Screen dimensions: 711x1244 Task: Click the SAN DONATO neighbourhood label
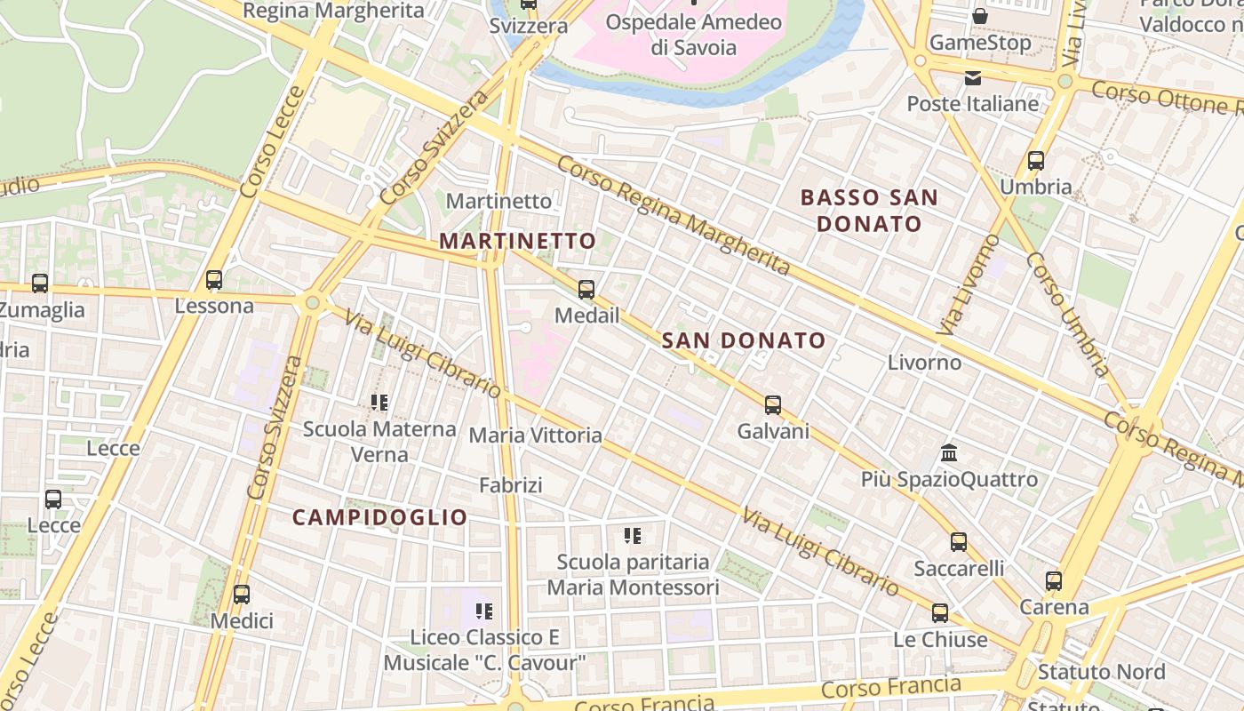tap(744, 340)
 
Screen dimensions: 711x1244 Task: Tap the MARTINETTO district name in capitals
tap(517, 241)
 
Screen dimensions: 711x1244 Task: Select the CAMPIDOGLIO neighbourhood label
tap(379, 517)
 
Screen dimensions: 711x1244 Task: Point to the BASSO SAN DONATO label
tap(869, 211)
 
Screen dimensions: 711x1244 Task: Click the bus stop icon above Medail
tap(586, 290)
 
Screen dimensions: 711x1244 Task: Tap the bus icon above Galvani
tap(773, 405)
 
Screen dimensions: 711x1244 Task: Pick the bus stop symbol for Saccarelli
tap(958, 542)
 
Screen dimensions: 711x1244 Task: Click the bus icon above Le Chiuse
tap(939, 613)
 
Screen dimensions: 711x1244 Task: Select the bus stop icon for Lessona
tap(214, 280)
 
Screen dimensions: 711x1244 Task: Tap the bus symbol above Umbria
tap(1035, 161)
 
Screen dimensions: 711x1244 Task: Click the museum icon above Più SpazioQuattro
tap(949, 453)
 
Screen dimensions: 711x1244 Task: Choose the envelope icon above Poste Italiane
tap(973, 78)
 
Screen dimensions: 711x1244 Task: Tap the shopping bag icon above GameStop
tap(979, 16)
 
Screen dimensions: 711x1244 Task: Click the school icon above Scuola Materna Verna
tap(379, 403)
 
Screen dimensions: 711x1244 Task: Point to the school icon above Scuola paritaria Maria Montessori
tap(633, 536)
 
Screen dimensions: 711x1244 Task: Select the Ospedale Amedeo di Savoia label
tap(694, 34)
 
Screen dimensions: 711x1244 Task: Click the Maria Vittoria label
tap(535, 435)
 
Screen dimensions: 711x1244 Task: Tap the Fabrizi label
tap(510, 485)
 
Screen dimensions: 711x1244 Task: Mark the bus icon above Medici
tap(241, 594)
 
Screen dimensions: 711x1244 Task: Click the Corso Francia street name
tap(890, 687)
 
